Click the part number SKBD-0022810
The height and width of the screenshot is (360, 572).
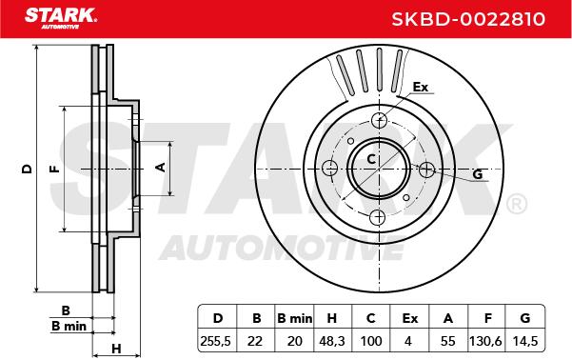pos(468,19)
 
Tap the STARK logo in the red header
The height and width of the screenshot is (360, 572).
pos(61,17)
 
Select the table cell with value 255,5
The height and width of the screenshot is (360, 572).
pos(215,341)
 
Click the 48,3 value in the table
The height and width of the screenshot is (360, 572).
pos(331,341)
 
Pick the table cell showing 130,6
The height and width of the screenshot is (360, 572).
pos(485,341)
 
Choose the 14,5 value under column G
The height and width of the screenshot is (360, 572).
pos(525,341)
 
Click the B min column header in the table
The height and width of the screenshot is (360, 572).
pos(294,318)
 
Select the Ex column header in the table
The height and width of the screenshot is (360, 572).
pos(409,318)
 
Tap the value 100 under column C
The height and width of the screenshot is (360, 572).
pos(371,341)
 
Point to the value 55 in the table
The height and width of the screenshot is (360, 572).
pos(448,341)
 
